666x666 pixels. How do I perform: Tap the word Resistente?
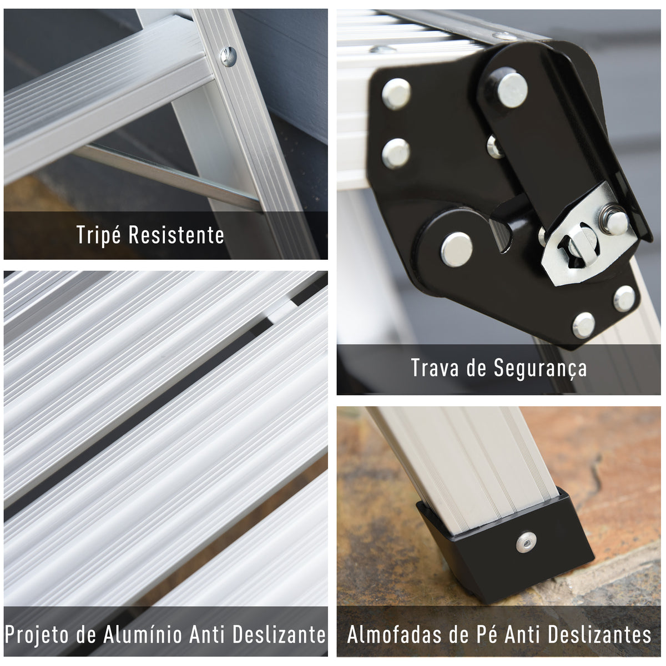[x=176, y=235]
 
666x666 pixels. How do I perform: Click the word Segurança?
[x=540, y=369]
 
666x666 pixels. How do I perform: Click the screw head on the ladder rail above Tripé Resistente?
[x=228, y=57]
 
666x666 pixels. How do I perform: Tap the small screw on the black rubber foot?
[x=526, y=542]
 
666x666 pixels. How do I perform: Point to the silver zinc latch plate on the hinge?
[x=588, y=235]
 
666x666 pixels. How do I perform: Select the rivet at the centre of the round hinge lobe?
[x=457, y=249]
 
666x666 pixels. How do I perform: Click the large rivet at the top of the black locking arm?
[x=512, y=90]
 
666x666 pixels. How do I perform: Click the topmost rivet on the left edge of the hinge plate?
[x=396, y=93]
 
